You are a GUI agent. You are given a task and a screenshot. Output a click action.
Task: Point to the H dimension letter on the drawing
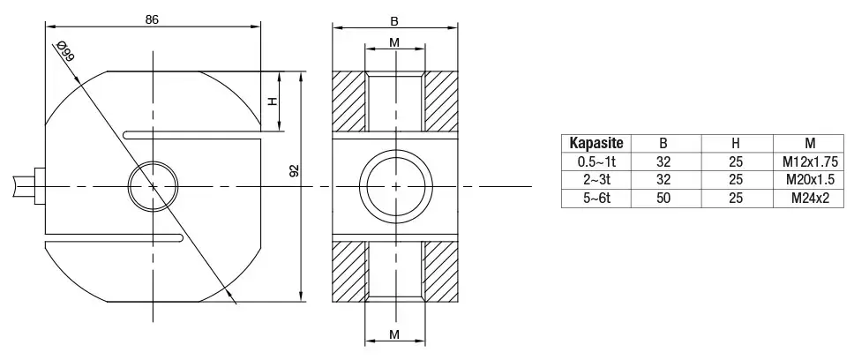click(x=273, y=101)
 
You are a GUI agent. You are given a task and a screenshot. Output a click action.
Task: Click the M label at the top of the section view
click(x=393, y=42)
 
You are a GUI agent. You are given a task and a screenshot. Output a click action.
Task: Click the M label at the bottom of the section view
click(x=393, y=334)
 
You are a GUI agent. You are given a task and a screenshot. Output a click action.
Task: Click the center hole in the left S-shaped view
click(x=154, y=186)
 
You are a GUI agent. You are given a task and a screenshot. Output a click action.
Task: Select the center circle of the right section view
click(x=395, y=186)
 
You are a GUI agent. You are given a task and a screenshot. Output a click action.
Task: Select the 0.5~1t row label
click(x=596, y=162)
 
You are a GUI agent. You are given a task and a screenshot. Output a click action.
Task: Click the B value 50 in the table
click(x=665, y=199)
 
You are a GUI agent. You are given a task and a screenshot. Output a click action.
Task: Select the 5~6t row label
click(x=596, y=199)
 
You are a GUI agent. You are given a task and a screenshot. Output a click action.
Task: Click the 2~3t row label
click(x=596, y=181)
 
